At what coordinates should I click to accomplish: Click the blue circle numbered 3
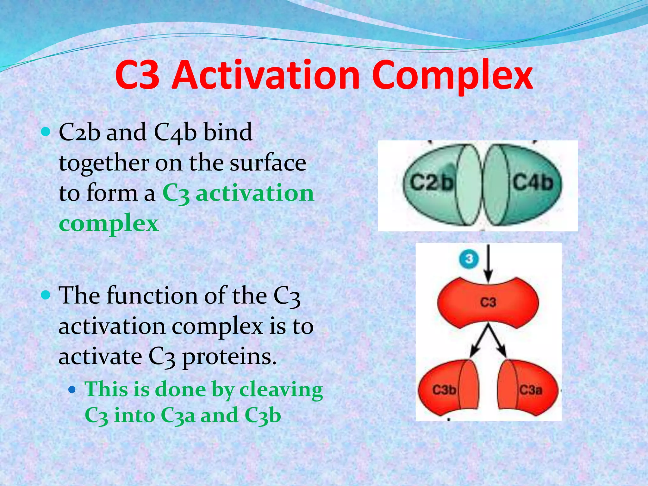[x=469, y=259]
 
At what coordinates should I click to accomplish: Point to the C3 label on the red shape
[x=488, y=302]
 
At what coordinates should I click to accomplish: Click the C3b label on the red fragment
[x=444, y=390]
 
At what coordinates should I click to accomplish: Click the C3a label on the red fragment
[x=531, y=390]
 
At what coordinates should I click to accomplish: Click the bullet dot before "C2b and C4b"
[x=46, y=132]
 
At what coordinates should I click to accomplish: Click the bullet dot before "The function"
[x=46, y=295]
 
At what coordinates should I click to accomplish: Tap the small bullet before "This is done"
[x=72, y=389]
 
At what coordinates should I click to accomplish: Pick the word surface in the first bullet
[x=268, y=163]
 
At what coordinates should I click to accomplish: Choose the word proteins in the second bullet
[x=229, y=357]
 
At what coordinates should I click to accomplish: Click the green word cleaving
[x=281, y=390]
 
